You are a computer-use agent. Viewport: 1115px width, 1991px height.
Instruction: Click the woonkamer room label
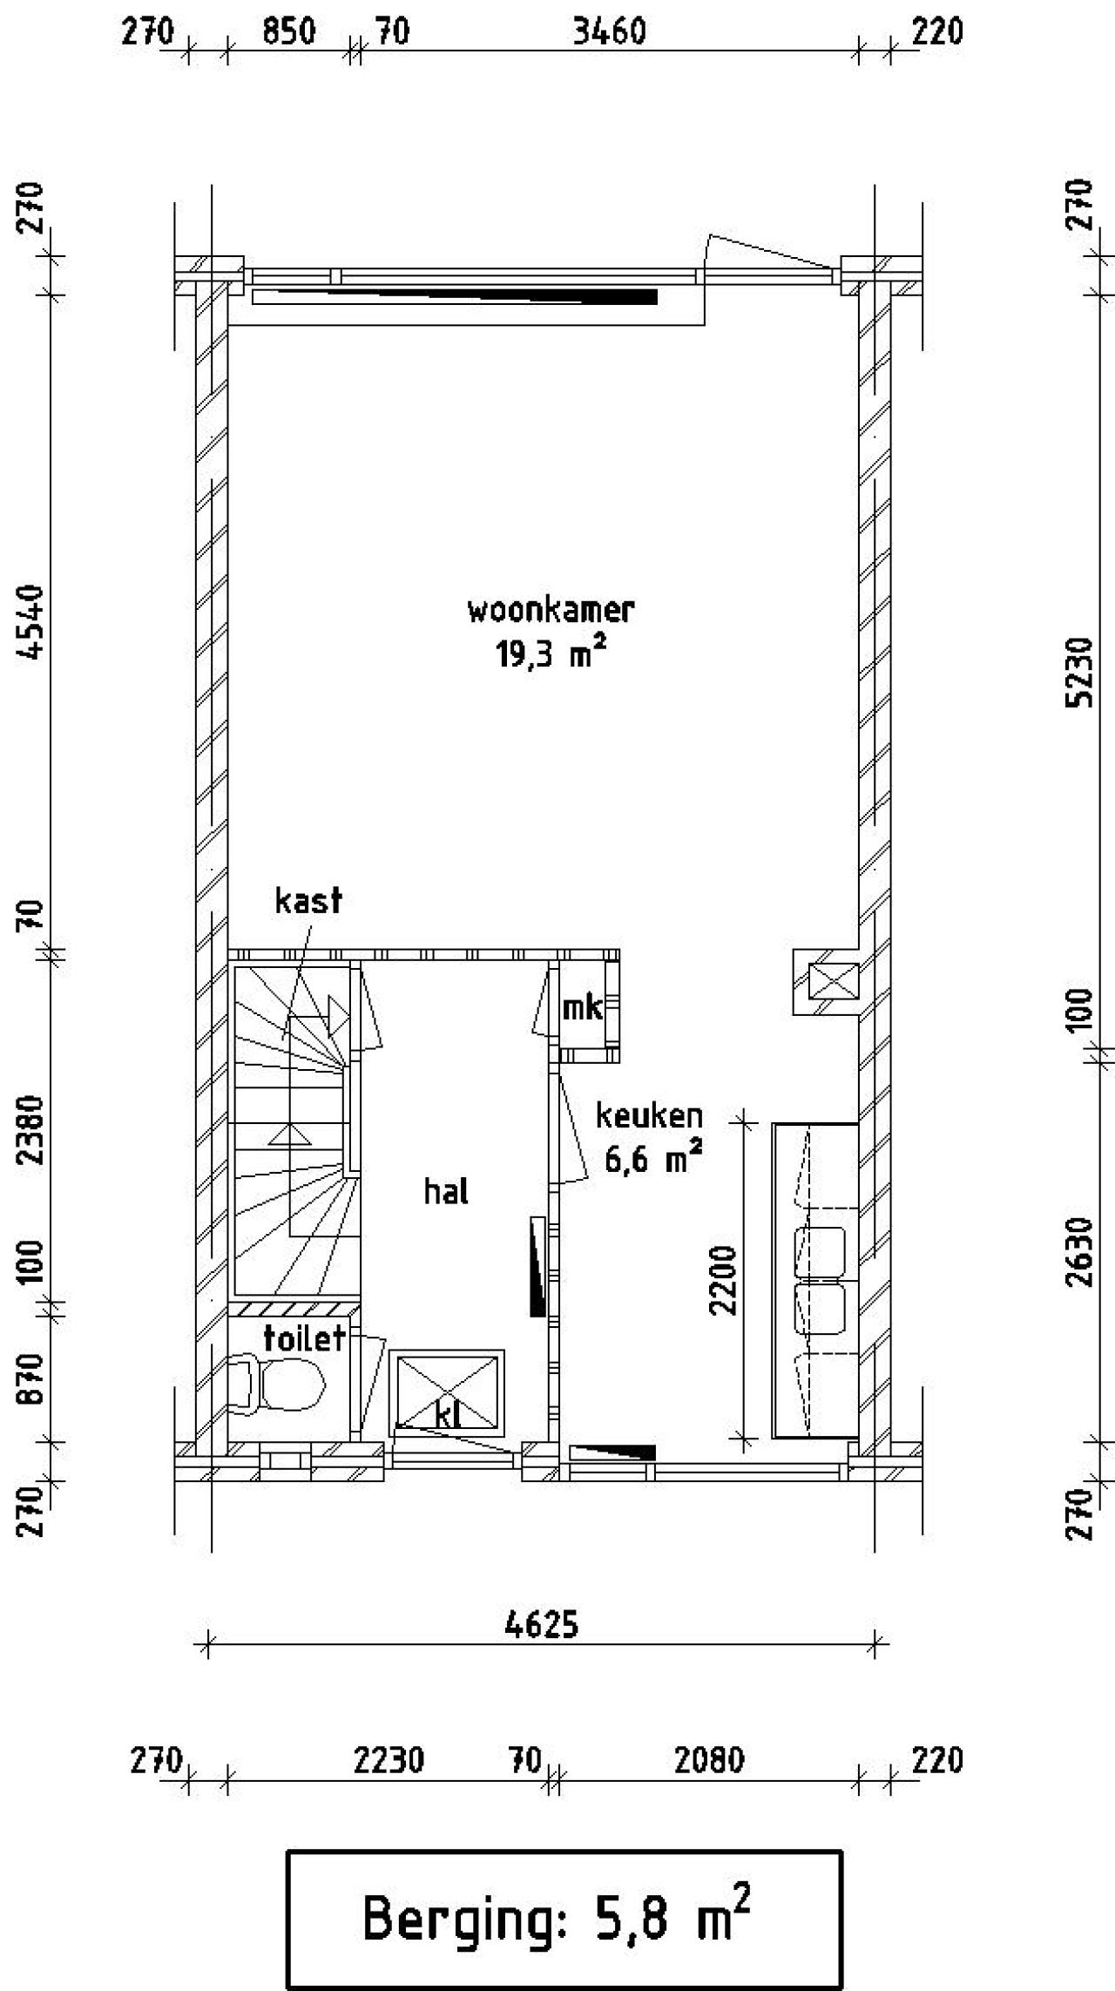click(551, 610)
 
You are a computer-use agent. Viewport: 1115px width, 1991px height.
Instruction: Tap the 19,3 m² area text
click(551, 654)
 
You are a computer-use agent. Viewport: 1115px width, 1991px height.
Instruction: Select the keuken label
click(649, 1116)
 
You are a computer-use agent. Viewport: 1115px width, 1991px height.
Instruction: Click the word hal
click(446, 1191)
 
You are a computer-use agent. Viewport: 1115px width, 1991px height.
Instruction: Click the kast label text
click(308, 900)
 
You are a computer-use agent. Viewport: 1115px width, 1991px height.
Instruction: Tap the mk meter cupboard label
click(582, 1008)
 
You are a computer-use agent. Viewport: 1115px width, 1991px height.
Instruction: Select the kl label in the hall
click(447, 1416)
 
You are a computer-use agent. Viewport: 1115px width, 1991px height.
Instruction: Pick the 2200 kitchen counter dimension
click(723, 1279)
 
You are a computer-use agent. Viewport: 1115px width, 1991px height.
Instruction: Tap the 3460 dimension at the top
click(609, 32)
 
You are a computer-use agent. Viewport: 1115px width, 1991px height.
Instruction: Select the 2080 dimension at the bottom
click(710, 1761)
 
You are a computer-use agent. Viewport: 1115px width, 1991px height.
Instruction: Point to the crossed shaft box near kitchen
click(834, 982)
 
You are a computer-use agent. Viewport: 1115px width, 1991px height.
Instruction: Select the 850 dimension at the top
click(288, 32)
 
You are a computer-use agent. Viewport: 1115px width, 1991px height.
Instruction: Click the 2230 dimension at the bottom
click(389, 1761)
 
